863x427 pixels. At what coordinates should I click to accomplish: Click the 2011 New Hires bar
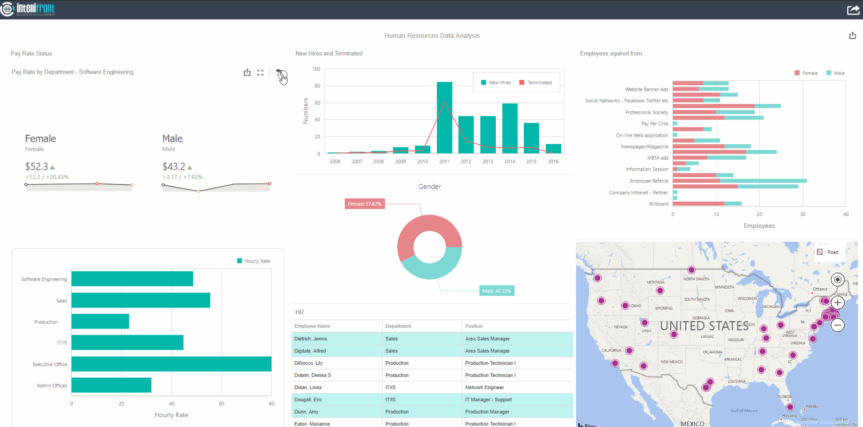[444, 118]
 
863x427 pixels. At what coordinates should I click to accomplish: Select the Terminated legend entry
[535, 83]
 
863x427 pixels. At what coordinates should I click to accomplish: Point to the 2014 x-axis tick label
[509, 161]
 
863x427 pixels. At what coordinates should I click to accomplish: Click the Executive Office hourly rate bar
[171, 364]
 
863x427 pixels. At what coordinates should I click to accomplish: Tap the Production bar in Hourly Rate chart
[100, 321]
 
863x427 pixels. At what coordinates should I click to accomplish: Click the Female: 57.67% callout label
[365, 204]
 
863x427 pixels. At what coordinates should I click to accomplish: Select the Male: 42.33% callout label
[496, 291]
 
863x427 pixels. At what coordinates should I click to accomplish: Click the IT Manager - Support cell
[488, 399]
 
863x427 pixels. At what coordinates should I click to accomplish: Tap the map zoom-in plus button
[838, 303]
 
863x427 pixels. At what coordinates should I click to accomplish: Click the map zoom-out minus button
[838, 325]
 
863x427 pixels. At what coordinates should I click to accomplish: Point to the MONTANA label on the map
[655, 282]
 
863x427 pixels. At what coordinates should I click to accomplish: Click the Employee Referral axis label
[649, 181]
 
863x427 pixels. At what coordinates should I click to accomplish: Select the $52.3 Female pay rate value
[37, 167]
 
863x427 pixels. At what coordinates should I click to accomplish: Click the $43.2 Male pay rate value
[174, 167]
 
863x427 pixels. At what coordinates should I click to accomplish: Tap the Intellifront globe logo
[7, 9]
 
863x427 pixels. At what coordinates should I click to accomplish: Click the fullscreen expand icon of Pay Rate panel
[260, 73]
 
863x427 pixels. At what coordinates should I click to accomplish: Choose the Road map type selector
[828, 252]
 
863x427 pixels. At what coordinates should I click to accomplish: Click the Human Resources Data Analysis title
[432, 36]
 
